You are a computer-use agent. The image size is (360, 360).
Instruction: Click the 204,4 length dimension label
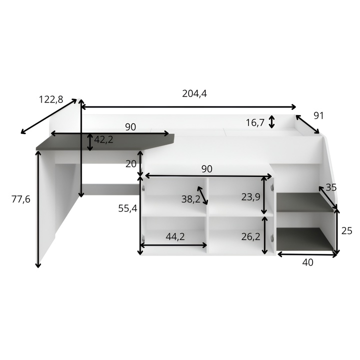(x=194, y=93)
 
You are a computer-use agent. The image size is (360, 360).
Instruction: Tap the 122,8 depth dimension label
(x=50, y=99)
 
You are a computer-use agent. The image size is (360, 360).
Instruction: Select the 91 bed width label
(x=318, y=115)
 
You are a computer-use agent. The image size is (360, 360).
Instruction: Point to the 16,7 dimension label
(x=255, y=123)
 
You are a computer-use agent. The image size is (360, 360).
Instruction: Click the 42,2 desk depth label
(x=103, y=139)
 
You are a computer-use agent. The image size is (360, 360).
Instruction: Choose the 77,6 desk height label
(x=21, y=199)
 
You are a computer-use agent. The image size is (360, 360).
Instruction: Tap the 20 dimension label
(x=131, y=164)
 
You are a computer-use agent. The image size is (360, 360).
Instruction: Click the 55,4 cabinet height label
(x=127, y=208)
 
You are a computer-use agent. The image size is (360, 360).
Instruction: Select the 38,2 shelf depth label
(x=191, y=199)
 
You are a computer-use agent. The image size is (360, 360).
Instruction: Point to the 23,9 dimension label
(x=250, y=197)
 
